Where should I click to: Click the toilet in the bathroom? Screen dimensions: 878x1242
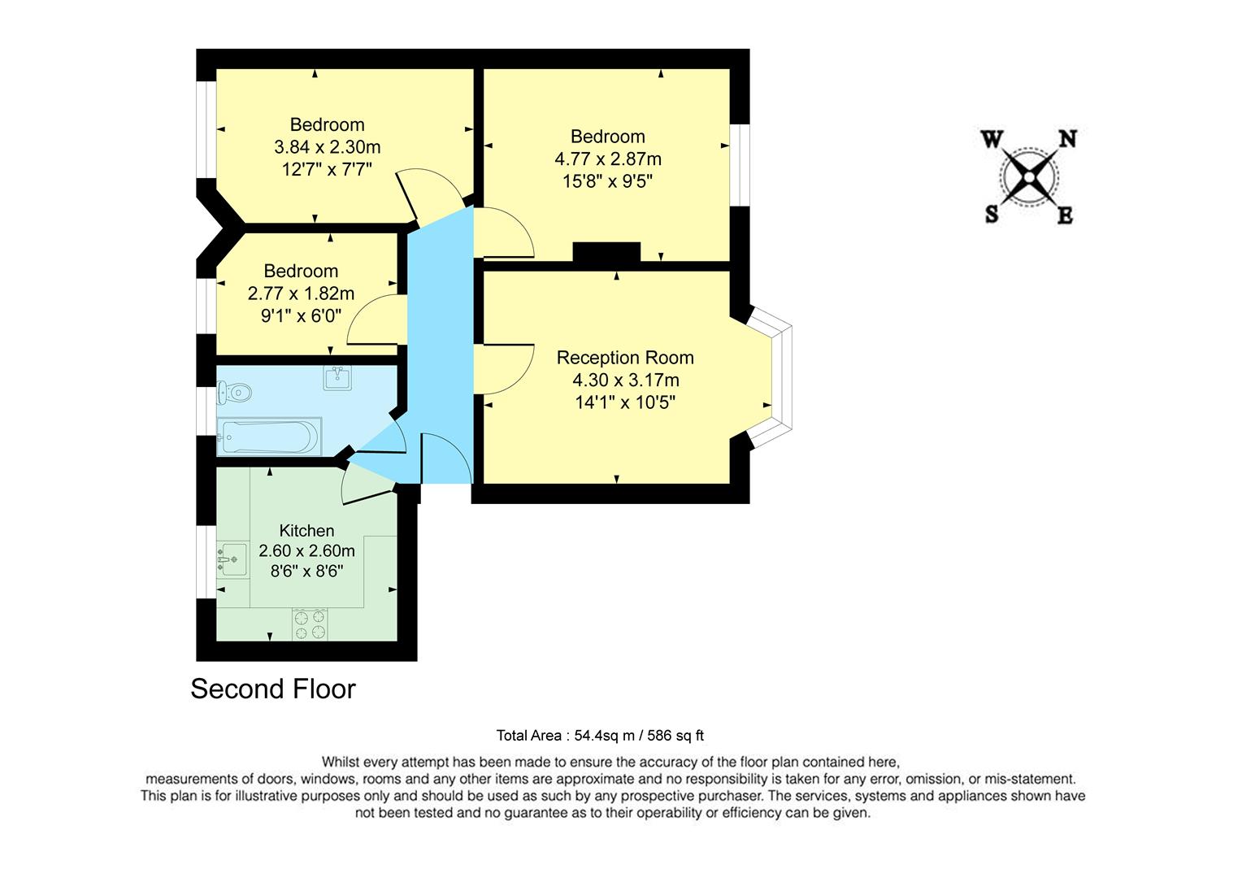tap(235, 393)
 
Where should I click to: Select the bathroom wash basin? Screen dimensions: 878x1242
tap(337, 377)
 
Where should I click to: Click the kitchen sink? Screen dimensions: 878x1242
tap(232, 560)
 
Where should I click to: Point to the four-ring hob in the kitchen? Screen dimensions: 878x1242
tap(310, 624)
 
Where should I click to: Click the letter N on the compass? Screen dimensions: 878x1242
tap(1066, 140)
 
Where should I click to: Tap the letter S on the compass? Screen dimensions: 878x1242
tap(992, 214)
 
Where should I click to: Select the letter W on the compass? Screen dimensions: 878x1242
tap(992, 140)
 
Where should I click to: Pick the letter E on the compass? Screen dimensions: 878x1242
tap(1065, 215)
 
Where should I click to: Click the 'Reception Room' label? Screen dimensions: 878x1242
tap(625, 358)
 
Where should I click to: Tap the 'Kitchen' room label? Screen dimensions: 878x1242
tap(306, 531)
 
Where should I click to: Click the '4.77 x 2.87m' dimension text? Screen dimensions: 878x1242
tap(607, 159)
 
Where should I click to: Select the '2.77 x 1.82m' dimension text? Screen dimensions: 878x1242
tap(301, 293)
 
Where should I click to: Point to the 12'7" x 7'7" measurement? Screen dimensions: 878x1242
tap(327, 169)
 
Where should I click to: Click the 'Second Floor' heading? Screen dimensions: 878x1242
tap(273, 689)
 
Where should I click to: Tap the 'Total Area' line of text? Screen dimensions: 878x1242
tap(600, 736)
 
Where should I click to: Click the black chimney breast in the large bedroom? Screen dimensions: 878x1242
tap(606, 253)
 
